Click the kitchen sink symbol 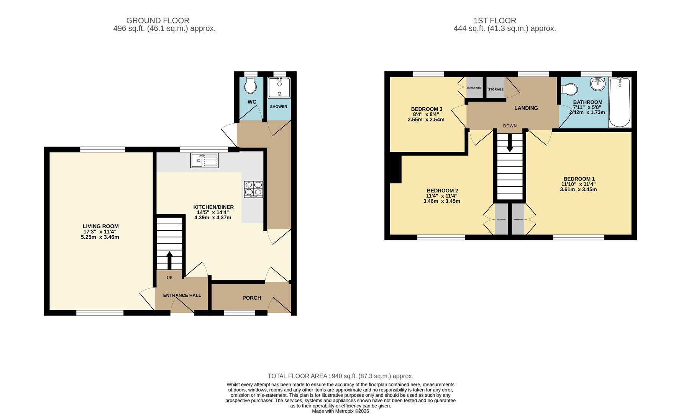click(x=204, y=160)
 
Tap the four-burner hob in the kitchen click(x=253, y=189)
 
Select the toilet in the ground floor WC click(x=251, y=86)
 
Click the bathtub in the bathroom click(x=620, y=102)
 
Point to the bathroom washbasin click(x=597, y=84)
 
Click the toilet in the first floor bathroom click(x=570, y=90)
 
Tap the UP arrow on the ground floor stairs click(x=169, y=260)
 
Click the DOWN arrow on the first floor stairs click(x=510, y=144)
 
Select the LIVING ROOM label click(x=101, y=226)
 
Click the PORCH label click(x=251, y=298)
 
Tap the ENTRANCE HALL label click(x=182, y=295)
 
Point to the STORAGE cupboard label click(x=496, y=89)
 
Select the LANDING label click(x=526, y=108)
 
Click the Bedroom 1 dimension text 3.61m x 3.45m click(x=578, y=189)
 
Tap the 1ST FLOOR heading click(x=495, y=21)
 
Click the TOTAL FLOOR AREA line click(x=340, y=376)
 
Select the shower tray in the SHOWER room click(x=279, y=88)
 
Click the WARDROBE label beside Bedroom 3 click(x=474, y=88)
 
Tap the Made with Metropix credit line click(x=340, y=411)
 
